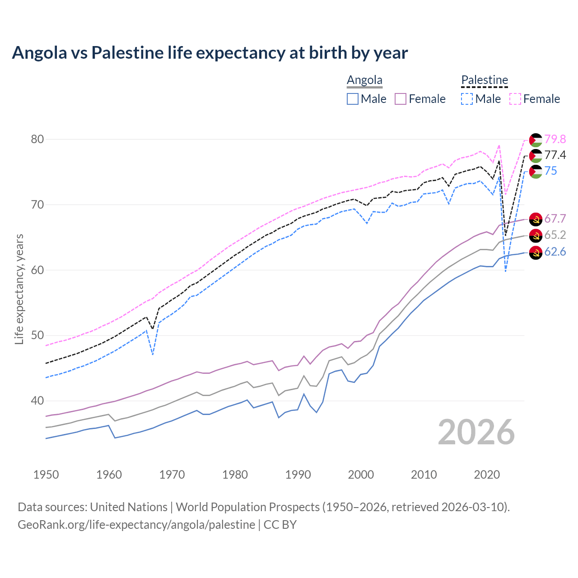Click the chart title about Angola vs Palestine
210,53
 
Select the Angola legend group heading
364,80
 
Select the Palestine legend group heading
485,80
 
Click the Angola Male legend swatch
353,99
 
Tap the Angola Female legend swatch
401,99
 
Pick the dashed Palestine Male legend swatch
467,99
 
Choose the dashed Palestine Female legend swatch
515,99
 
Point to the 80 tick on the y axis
37,139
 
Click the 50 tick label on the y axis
37,336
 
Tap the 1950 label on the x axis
46,475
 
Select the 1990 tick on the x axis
298,475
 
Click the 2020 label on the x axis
487,475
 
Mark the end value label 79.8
555,139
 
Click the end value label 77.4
555,155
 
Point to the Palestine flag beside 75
536,172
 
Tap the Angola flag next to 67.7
536,219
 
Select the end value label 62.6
555,252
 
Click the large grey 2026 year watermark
476,432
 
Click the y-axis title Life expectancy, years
19,289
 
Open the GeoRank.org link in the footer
136,525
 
